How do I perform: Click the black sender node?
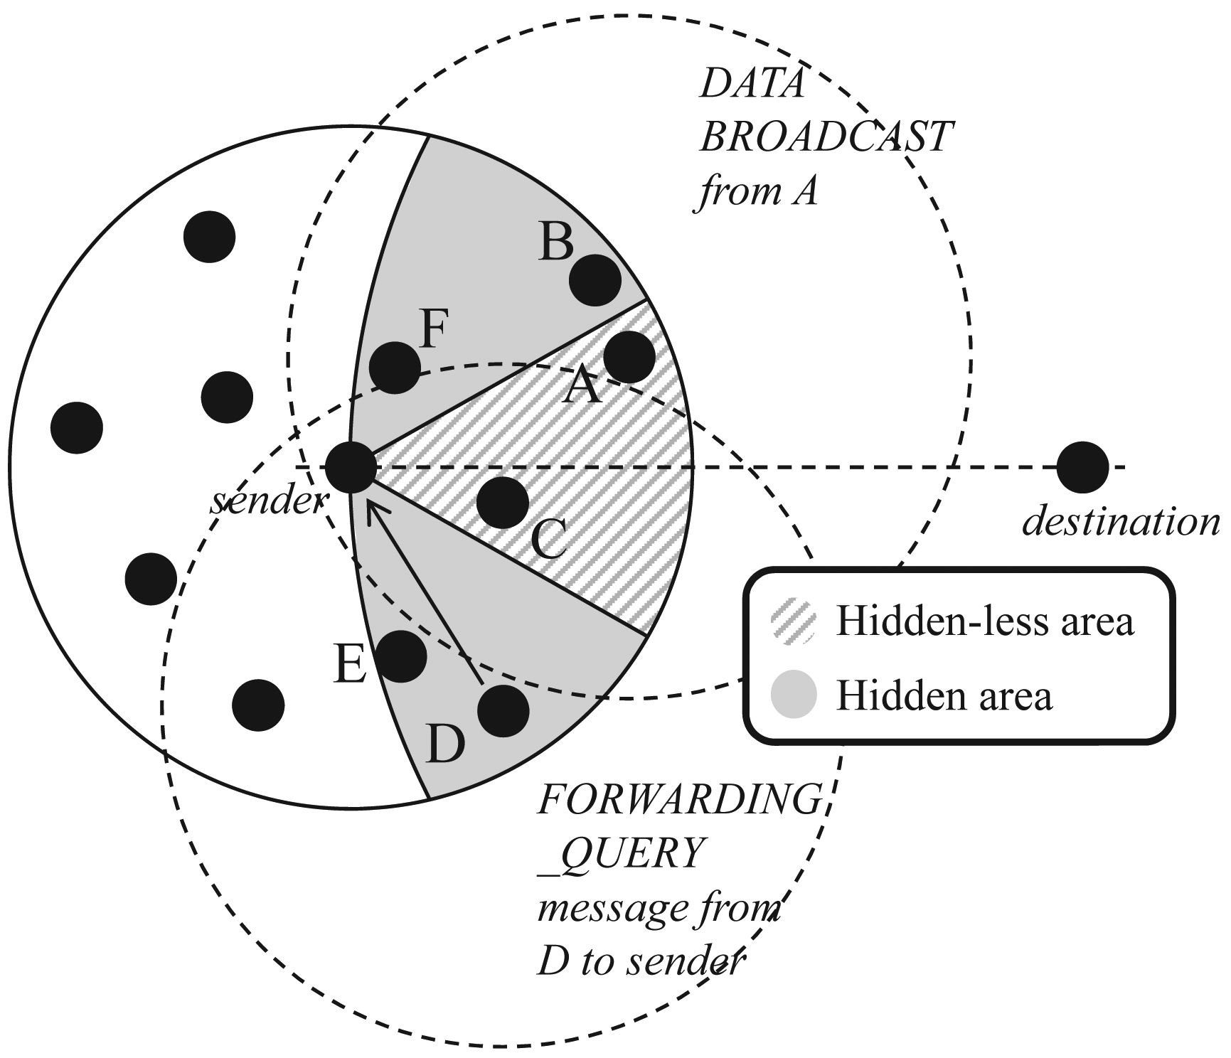(x=351, y=467)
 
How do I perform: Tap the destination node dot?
(x=1082, y=467)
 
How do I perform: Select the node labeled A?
(x=629, y=357)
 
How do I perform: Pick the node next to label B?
(x=595, y=279)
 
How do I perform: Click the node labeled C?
(x=503, y=502)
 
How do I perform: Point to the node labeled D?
(x=503, y=711)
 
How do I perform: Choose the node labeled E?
(x=401, y=656)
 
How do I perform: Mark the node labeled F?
(x=395, y=367)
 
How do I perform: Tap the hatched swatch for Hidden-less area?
(x=794, y=621)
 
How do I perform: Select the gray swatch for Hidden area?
(x=794, y=695)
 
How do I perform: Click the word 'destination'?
(x=1121, y=523)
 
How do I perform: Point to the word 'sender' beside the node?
(x=267, y=502)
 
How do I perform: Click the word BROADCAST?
(x=826, y=137)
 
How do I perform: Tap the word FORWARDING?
(x=680, y=799)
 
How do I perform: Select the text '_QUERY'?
(x=622, y=853)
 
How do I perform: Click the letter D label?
(x=445, y=745)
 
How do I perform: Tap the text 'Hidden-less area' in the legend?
(x=984, y=621)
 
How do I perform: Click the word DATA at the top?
(x=752, y=85)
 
